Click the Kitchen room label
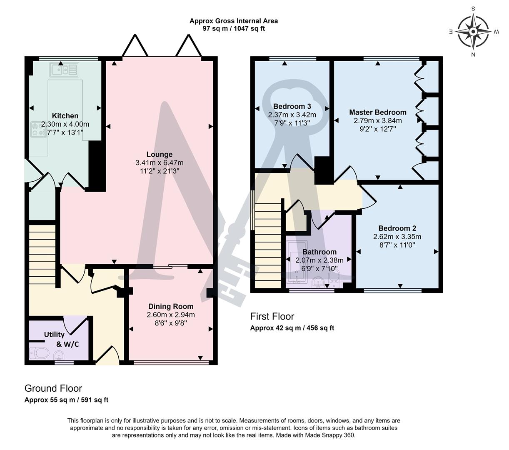click(x=65, y=116)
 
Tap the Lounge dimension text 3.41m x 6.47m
click(x=159, y=162)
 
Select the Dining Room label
click(x=171, y=306)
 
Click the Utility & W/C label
click(x=61, y=339)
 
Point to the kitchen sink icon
click(x=64, y=70)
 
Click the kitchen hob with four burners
click(x=38, y=130)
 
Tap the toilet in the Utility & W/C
click(x=39, y=353)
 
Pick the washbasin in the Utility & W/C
click(x=59, y=356)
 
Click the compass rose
click(x=473, y=32)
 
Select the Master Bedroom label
click(x=378, y=112)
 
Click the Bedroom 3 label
click(x=292, y=106)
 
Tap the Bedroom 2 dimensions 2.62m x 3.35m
click(x=397, y=237)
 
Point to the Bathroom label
click(x=319, y=252)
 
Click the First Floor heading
click(x=272, y=316)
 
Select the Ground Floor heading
click(x=53, y=388)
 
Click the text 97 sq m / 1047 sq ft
click(x=234, y=28)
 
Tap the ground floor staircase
click(x=42, y=255)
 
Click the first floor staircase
click(x=268, y=245)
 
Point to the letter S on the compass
click(x=473, y=9)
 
